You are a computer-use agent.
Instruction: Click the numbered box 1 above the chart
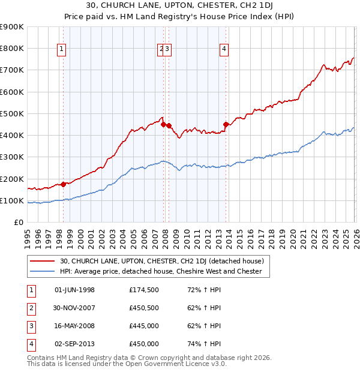point(62,50)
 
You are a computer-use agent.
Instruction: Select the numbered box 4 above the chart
point(224,50)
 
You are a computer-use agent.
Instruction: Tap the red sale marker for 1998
point(63,184)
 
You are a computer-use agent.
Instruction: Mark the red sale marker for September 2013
point(226,125)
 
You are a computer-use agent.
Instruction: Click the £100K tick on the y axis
point(12,200)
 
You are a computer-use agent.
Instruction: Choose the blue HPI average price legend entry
point(161,271)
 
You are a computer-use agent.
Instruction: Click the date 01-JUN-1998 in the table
point(74,290)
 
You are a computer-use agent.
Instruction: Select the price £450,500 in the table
point(144,308)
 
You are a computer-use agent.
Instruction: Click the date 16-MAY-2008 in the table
point(74,326)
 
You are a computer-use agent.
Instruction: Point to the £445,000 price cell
point(144,326)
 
